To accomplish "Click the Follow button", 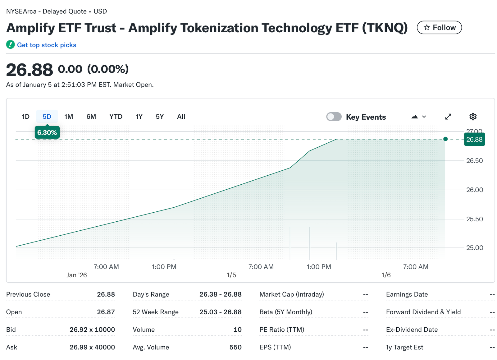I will pos(439,28).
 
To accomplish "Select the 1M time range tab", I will pos(69,117).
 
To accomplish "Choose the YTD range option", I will pos(116,117).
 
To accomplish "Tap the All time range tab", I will pos(181,117).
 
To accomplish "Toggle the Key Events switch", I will pos(334,117).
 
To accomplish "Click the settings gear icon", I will pos(472,117).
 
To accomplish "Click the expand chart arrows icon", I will pos(448,117).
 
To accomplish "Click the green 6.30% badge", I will pos(47,133).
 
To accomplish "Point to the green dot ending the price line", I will pos(445,139).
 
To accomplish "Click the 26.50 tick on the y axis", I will pos(474,161).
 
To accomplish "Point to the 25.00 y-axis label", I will pos(474,248).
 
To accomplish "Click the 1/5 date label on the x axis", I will pos(231,275).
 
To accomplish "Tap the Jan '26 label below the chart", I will pos(76,275).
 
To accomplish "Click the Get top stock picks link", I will pos(46,45).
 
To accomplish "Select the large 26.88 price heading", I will pos(30,70).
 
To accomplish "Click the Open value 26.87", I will pos(106,312).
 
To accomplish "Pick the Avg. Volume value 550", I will pos(235,347).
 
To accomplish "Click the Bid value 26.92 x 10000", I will pos(92,330).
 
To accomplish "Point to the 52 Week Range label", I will pos(155,312).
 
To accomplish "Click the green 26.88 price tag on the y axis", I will pos(474,139).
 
